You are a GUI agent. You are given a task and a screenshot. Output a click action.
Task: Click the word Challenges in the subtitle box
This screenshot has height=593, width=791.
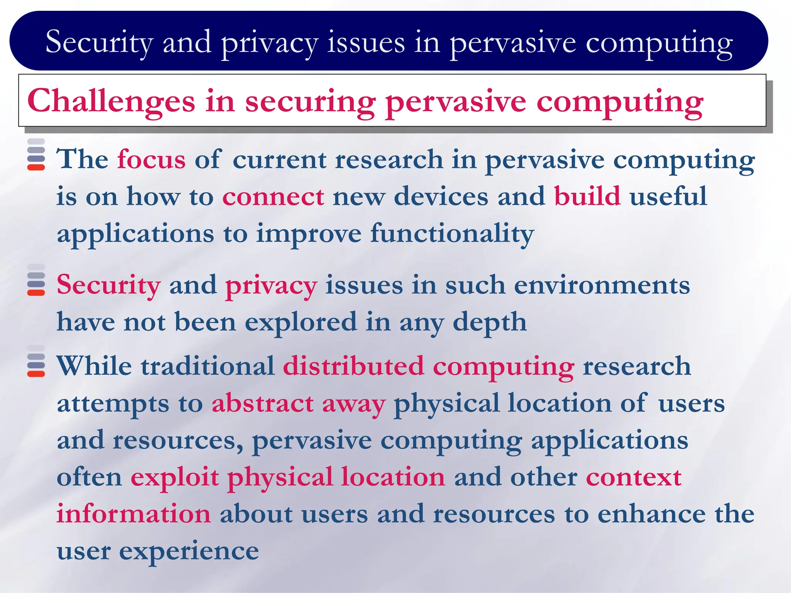pyautogui.click(x=111, y=102)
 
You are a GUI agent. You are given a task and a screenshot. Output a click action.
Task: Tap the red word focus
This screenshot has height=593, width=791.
pyautogui.click(x=151, y=159)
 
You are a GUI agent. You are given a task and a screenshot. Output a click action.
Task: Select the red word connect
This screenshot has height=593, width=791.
pyautogui.click(x=273, y=197)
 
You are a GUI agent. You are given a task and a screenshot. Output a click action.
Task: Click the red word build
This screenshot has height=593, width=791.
pyautogui.click(x=587, y=197)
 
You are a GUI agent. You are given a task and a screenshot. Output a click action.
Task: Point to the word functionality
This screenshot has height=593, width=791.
pyautogui.click(x=452, y=234)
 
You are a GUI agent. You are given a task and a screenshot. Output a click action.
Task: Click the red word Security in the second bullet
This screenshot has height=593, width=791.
pyautogui.click(x=109, y=286)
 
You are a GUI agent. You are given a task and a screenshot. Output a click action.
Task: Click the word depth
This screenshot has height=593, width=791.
pyautogui.click(x=489, y=322)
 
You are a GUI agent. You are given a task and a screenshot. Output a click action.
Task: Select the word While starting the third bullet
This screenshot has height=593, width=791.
pyautogui.click(x=94, y=366)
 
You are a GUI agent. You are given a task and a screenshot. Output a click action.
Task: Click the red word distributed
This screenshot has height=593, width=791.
pyautogui.click(x=353, y=366)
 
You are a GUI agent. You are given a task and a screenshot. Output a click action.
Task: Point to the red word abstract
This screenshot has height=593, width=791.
pyautogui.click(x=263, y=403)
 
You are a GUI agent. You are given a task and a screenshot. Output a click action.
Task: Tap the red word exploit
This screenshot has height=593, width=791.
pyautogui.click(x=175, y=478)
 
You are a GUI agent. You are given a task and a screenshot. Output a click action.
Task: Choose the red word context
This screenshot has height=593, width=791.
pyautogui.click(x=633, y=478)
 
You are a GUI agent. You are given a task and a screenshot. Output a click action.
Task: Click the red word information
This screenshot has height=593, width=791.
pyautogui.click(x=134, y=514)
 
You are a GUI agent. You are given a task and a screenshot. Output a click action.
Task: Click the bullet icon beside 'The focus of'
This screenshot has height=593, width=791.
pyautogui.click(x=36, y=155)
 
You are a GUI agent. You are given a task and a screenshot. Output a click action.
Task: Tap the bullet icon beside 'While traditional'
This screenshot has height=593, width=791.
pyautogui.click(x=36, y=361)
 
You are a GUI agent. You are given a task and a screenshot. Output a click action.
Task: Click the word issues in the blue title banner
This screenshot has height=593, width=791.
pyautogui.click(x=366, y=42)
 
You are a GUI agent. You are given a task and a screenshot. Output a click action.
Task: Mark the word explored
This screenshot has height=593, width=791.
pyautogui.click(x=301, y=322)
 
